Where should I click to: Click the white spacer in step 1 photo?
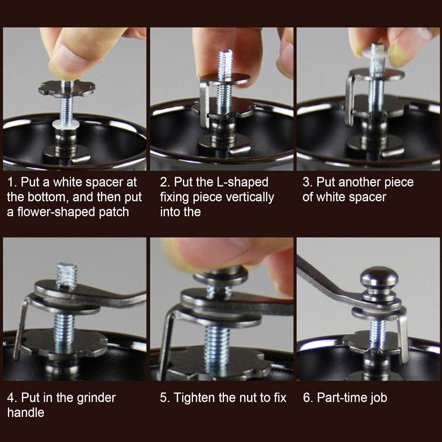pyautogui.click(x=66, y=124)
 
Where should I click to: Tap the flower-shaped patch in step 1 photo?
pyautogui.click(x=67, y=88)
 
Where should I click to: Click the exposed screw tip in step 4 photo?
pyautogui.click(x=66, y=275)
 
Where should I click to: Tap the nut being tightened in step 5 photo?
pyautogui.click(x=221, y=276)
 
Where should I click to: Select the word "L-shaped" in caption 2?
pyautogui.click(x=242, y=183)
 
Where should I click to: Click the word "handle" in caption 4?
pyautogui.click(x=25, y=413)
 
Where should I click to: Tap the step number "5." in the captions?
pyautogui.click(x=164, y=398)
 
